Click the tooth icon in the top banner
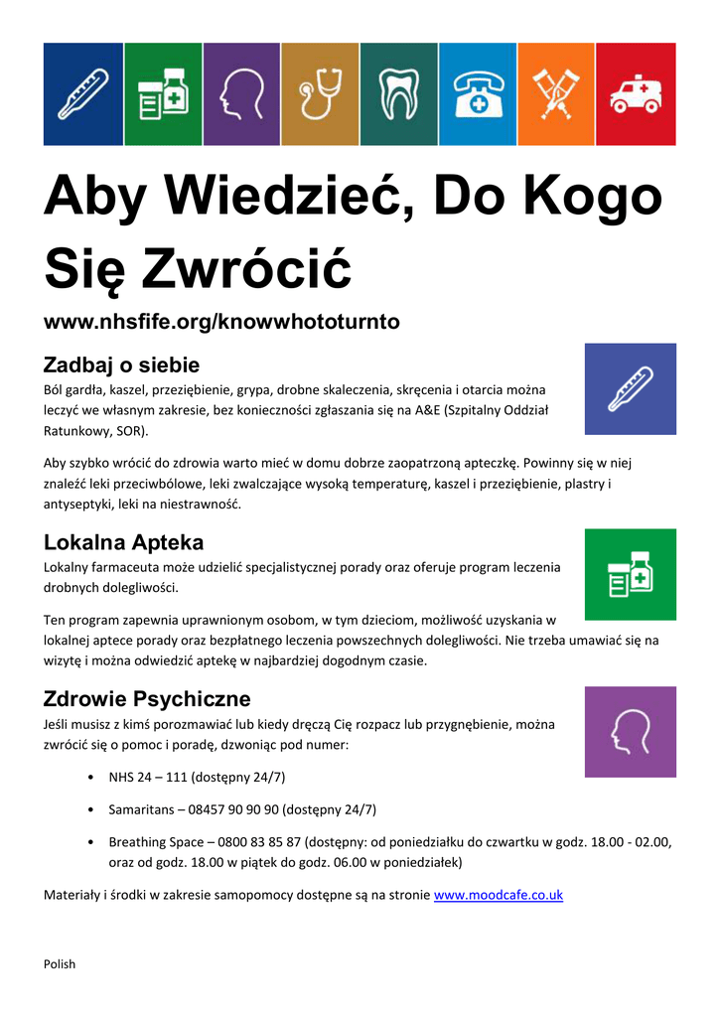coord(398,94)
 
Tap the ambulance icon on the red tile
coord(636,94)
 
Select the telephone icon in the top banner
coord(478,94)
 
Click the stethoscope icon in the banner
coord(320,94)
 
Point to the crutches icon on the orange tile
coord(556,94)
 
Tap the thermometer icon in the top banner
coord(83,94)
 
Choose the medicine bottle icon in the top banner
coord(162,94)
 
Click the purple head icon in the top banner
coord(241,94)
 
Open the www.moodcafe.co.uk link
coord(499,895)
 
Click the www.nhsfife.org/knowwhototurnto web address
coord(221,322)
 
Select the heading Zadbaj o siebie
coord(122,364)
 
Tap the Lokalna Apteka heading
coord(124,542)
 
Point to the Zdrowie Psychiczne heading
coord(147,698)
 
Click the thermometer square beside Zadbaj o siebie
coord(630,389)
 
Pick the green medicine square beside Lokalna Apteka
coord(630,575)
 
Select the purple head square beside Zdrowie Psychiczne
coord(630,732)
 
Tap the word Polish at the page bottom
coord(60,964)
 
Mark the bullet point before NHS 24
coord(91,778)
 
